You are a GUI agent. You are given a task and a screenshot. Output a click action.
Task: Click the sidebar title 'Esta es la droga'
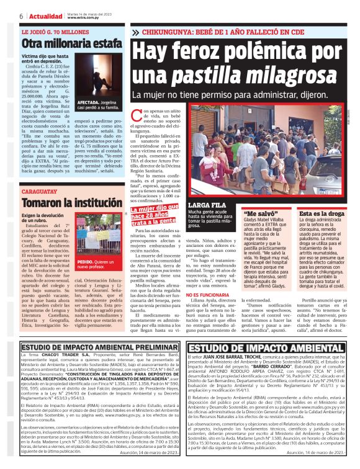click(322, 212)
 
